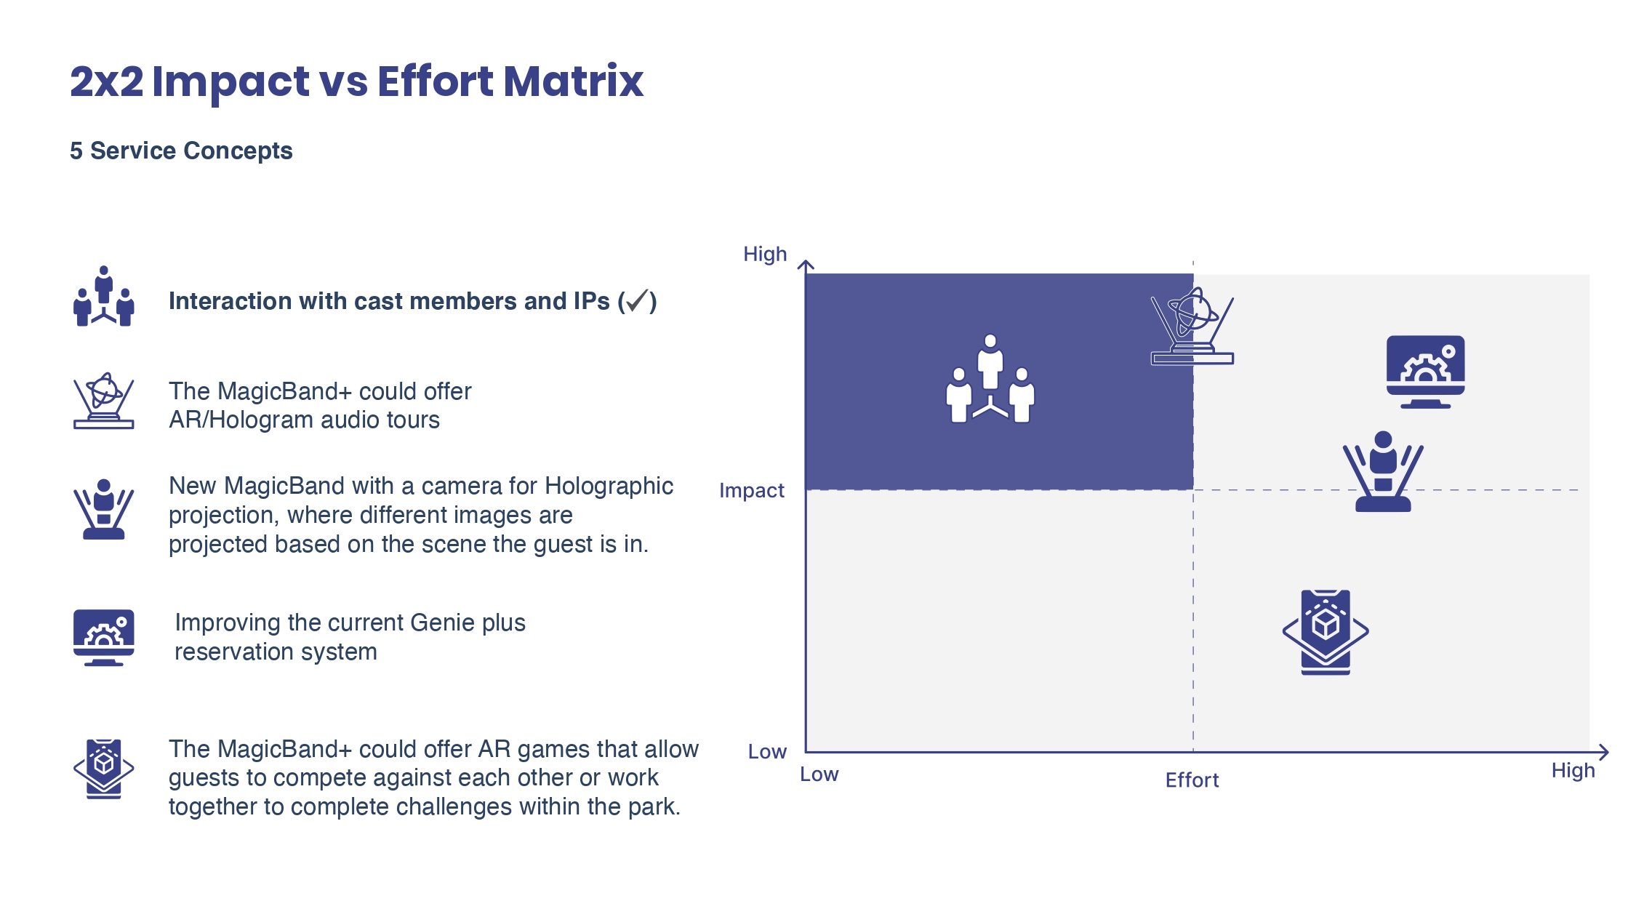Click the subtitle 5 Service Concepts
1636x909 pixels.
click(181, 151)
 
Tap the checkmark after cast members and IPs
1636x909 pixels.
click(637, 300)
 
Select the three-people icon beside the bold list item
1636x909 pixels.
click(104, 296)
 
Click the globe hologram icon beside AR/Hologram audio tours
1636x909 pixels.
click(104, 401)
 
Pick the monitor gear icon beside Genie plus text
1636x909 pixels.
click(104, 638)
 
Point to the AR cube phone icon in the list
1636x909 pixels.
click(104, 769)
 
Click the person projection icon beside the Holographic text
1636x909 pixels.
click(104, 509)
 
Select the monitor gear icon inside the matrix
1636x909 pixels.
click(1425, 372)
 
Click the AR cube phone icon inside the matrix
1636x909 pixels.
click(1326, 632)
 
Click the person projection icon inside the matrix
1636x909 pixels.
click(1383, 471)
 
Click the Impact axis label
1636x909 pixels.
click(752, 491)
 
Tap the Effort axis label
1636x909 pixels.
click(1192, 780)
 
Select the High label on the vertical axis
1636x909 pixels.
click(765, 254)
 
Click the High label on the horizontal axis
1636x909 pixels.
click(1573, 770)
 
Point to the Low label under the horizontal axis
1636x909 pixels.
click(819, 774)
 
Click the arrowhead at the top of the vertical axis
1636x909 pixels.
click(806, 265)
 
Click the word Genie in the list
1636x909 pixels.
click(438, 622)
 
